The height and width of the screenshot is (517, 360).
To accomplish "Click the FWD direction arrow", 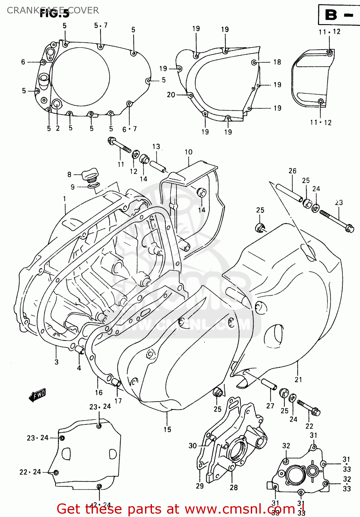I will point(37,395).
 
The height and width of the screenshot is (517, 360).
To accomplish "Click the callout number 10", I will point(188,152).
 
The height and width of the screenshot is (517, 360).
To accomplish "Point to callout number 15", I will point(167,429).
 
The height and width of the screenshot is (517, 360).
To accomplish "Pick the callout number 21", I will point(298,379).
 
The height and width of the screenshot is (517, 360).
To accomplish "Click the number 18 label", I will point(277,62).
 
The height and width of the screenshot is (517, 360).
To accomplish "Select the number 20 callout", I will point(171,95).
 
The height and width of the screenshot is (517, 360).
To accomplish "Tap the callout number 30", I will point(193,446).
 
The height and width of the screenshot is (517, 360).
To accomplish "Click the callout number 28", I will point(234,487).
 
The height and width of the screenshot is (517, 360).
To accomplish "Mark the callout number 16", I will point(99,392).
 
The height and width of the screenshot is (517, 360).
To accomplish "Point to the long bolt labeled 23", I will point(336,221).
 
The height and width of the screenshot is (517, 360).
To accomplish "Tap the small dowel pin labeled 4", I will point(80,351).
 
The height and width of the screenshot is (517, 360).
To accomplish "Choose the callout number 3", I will point(56,362).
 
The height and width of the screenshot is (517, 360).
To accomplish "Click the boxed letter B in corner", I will point(331,15).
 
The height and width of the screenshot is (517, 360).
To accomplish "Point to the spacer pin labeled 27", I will point(269,384).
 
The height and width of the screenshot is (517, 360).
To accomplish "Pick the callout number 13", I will point(156,146).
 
